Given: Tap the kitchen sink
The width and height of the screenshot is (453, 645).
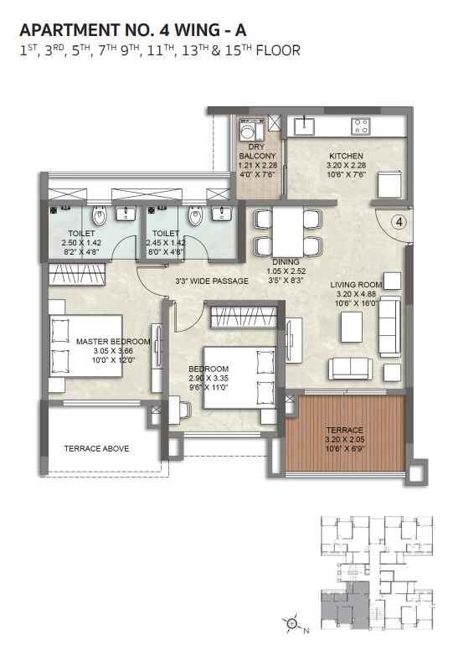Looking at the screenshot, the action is point(304,126).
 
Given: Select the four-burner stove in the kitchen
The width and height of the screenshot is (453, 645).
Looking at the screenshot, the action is point(361,126).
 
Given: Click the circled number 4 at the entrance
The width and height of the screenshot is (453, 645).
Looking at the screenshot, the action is point(399,222).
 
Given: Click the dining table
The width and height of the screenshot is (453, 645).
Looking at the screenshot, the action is point(287,232).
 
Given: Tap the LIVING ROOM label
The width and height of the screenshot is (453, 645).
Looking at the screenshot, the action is point(356,285).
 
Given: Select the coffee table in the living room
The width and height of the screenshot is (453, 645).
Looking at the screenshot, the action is point(352,327).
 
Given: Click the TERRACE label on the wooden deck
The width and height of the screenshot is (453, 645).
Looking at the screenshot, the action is point(344,430).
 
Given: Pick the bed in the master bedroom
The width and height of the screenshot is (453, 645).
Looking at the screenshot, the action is point(86,345).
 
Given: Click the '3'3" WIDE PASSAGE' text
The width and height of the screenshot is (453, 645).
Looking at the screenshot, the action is point(212,281).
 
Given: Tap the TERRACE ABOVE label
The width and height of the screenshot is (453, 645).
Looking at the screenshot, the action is point(96,448).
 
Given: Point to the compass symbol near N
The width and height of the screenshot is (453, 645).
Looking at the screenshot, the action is point(291,623).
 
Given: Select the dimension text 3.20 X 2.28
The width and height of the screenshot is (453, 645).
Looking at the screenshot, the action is point(346,165).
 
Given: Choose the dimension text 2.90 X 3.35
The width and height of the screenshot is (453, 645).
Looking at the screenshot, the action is point(208,378).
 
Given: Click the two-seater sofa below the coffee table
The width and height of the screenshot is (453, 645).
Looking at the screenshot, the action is point(351,369).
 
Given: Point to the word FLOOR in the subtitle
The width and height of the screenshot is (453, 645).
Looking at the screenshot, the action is point(278,50).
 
